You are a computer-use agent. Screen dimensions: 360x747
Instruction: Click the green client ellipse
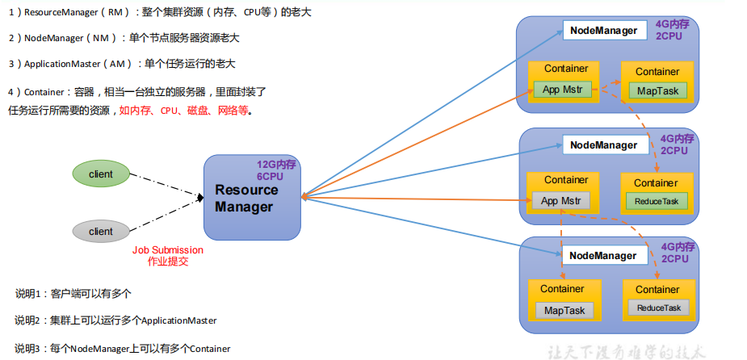click(x=101, y=174)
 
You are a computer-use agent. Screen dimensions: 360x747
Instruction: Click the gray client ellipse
click(x=101, y=231)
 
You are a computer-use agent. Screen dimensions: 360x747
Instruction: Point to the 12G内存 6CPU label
click(x=277, y=170)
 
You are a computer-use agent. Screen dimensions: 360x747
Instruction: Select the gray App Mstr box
click(x=561, y=200)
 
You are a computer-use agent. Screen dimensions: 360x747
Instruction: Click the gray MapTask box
click(x=564, y=310)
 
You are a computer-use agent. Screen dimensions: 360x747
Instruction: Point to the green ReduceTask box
click(x=657, y=201)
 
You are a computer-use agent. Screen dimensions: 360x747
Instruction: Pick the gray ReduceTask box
click(x=658, y=308)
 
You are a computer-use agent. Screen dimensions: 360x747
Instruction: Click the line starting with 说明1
click(x=73, y=293)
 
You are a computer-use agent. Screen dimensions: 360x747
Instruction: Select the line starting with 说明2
click(x=115, y=320)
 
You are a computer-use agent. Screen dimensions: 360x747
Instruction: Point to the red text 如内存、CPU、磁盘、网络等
click(x=185, y=111)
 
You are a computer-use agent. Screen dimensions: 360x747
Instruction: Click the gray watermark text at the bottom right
click(x=627, y=351)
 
